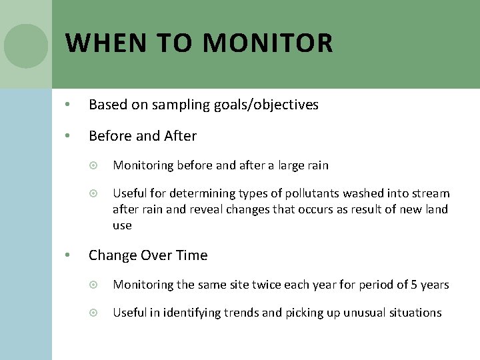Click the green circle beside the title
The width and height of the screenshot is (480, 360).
26,46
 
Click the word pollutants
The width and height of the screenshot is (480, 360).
309,193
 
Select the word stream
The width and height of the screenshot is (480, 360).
431,193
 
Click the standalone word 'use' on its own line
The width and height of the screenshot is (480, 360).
122,225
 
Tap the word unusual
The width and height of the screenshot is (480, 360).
365,313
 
